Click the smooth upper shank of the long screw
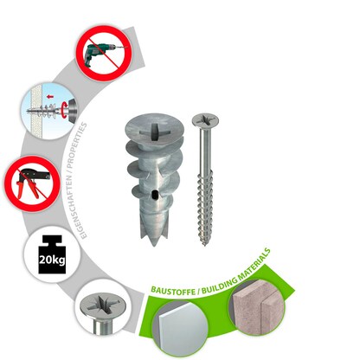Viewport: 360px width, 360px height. (x=206, y=156)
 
